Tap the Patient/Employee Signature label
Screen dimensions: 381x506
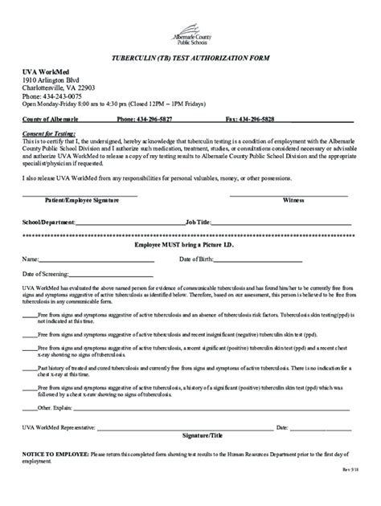79,201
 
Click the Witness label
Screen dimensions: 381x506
293,201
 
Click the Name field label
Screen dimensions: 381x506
30,259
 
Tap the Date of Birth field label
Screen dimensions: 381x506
197,259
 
